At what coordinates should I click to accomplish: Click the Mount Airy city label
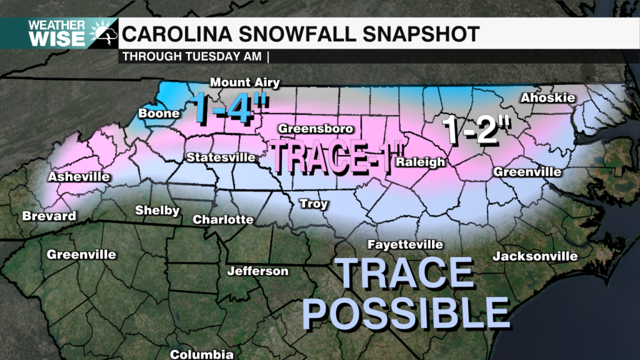[x=244, y=82]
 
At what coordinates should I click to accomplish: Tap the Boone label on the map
[x=159, y=114]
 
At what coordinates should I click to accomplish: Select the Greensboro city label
[x=316, y=129]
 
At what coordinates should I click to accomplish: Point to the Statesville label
[x=221, y=157]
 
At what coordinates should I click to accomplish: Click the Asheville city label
[x=79, y=177]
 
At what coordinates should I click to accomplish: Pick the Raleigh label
[x=420, y=162]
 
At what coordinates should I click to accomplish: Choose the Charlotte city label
[x=223, y=219]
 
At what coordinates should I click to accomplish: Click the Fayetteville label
[x=405, y=244]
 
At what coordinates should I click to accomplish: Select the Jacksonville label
[x=535, y=256]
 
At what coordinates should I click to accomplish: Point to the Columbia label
[x=202, y=354]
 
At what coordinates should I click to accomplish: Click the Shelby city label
[x=157, y=211]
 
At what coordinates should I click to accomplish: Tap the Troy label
[x=314, y=203]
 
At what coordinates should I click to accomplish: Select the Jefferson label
[x=257, y=271]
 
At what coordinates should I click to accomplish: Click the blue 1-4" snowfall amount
[x=230, y=106]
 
